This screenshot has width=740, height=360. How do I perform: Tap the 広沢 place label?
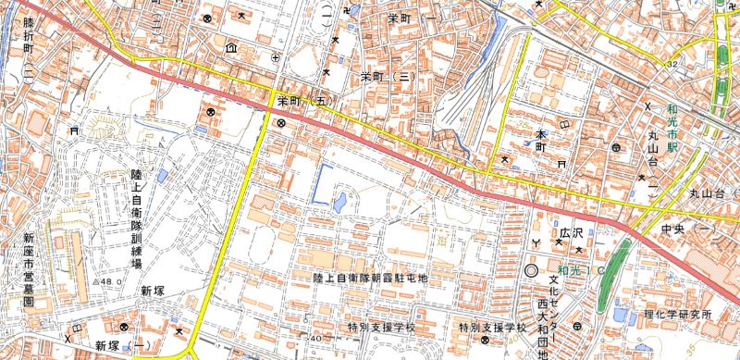(x=569, y=230)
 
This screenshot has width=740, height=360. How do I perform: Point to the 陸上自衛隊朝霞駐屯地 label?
(x=371, y=277)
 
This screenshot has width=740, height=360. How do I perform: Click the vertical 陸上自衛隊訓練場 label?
(x=135, y=218)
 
